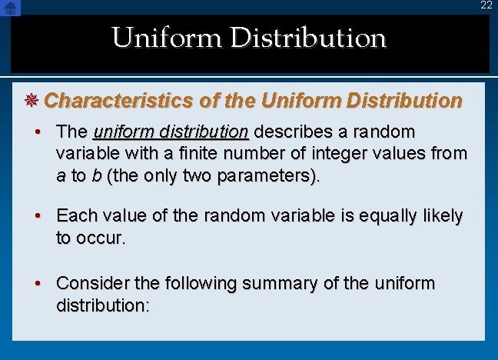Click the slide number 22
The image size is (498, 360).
click(486, 5)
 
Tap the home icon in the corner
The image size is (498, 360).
click(10, 7)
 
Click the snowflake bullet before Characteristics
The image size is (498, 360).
click(34, 101)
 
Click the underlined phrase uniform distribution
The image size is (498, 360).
click(171, 132)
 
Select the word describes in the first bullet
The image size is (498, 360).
click(294, 132)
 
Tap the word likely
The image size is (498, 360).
click(441, 217)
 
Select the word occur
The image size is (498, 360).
click(100, 238)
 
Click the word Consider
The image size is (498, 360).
click(93, 283)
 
